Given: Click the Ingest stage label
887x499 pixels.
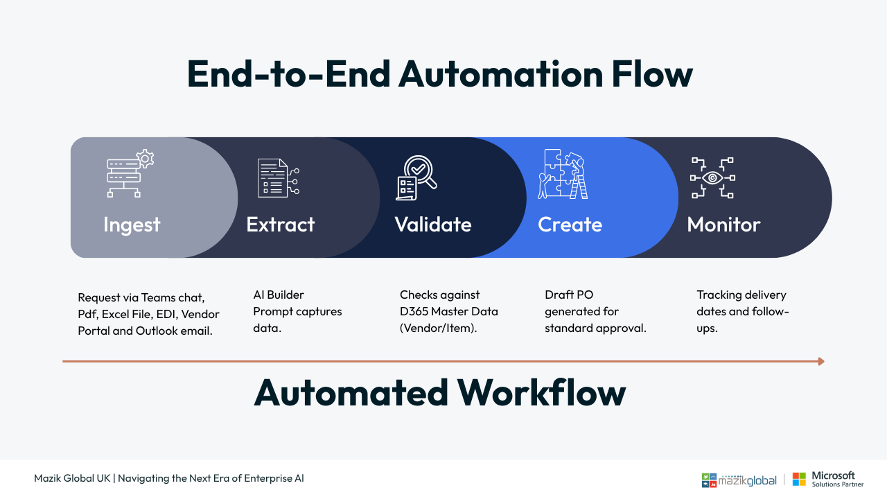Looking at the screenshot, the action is click(132, 225).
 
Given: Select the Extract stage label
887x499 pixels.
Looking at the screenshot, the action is click(281, 225).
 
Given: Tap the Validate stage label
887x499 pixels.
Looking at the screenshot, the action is click(433, 225).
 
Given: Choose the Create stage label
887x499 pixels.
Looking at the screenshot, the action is click(570, 225).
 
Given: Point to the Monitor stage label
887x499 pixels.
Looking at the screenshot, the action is click(724, 225).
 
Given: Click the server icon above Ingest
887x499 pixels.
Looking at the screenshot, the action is click(130, 173).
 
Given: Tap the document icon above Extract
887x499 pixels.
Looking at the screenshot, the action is click(279, 178).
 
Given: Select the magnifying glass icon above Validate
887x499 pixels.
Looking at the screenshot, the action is click(416, 177).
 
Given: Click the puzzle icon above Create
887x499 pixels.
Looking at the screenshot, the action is click(563, 174).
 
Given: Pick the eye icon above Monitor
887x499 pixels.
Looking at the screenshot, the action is click(712, 178).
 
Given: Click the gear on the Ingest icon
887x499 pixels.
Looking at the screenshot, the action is click(146, 159).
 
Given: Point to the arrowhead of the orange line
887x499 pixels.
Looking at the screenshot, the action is click(821, 361).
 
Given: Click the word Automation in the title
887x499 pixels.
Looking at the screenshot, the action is click(501, 74).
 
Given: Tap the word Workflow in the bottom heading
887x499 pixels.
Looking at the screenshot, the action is click(541, 393).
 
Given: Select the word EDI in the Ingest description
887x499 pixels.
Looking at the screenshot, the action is click(167, 314).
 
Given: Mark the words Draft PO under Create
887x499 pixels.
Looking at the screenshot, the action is click(569, 295).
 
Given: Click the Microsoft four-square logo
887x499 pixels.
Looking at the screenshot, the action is click(799, 479).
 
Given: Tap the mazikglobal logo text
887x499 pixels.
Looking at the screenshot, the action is click(747, 480).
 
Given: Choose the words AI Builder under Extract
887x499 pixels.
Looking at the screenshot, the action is click(279, 295).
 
